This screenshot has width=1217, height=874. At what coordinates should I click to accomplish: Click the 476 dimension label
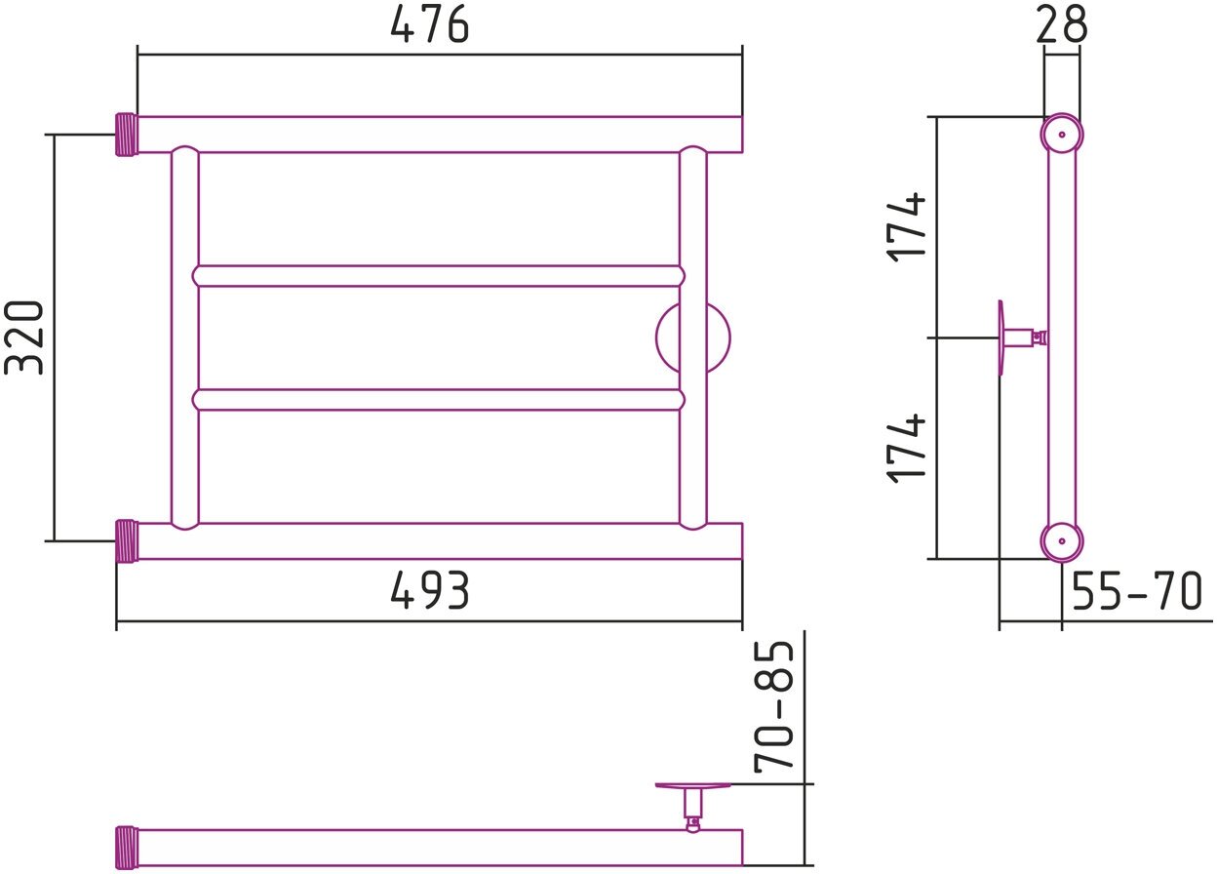tap(429, 24)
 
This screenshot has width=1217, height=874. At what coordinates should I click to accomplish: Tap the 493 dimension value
tap(429, 590)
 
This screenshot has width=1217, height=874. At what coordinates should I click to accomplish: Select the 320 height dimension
tap(25, 337)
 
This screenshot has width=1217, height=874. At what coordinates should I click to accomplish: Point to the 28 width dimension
tap(1061, 24)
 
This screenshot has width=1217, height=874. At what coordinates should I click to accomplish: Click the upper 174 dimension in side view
tap(907, 226)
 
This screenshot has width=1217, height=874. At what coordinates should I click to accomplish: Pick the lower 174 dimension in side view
tap(907, 447)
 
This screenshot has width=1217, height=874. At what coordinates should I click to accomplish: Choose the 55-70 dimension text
tap(1137, 591)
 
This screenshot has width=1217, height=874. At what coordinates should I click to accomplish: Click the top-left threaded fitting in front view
tap(127, 135)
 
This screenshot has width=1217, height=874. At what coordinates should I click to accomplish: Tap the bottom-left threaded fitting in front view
tap(127, 541)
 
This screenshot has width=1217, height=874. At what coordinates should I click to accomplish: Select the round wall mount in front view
tap(692, 338)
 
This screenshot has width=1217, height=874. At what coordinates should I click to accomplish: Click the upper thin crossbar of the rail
tap(439, 275)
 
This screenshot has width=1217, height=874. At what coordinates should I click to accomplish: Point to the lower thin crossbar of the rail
tap(439, 400)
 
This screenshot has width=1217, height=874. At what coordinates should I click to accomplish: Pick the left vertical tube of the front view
tap(184, 338)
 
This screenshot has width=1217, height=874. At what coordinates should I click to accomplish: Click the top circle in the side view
tap(1061, 135)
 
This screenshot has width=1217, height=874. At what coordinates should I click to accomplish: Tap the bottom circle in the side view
tap(1061, 540)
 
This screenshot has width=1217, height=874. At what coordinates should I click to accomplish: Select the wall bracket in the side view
tap(1019, 338)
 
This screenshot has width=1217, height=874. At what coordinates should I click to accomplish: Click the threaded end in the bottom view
tap(127, 847)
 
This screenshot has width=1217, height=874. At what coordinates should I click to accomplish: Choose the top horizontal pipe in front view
tap(439, 135)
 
